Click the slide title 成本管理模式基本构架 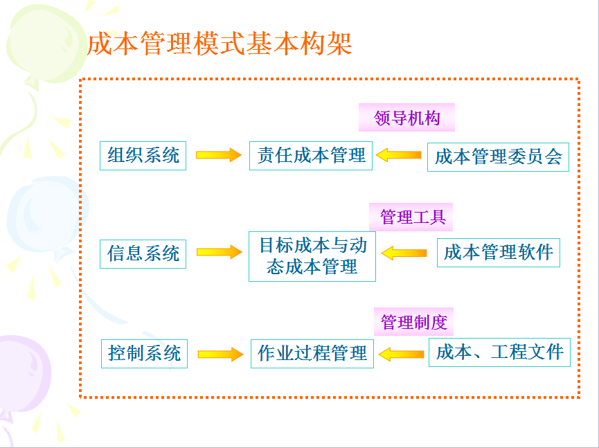220,44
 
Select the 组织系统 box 143,155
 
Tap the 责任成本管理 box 310,155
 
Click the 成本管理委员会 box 498,157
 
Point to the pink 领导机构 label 406,118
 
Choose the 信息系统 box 143,254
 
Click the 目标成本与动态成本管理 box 312,256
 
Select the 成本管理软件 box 499,253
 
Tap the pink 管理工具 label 411,217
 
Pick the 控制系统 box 145,354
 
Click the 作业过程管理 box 312,354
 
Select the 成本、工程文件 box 500,352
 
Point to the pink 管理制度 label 413,321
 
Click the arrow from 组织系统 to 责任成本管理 219,154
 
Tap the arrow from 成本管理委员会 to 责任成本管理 398,154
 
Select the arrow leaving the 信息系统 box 220,252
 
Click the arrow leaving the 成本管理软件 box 404,253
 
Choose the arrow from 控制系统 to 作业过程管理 220,354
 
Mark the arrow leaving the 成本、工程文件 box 401,354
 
